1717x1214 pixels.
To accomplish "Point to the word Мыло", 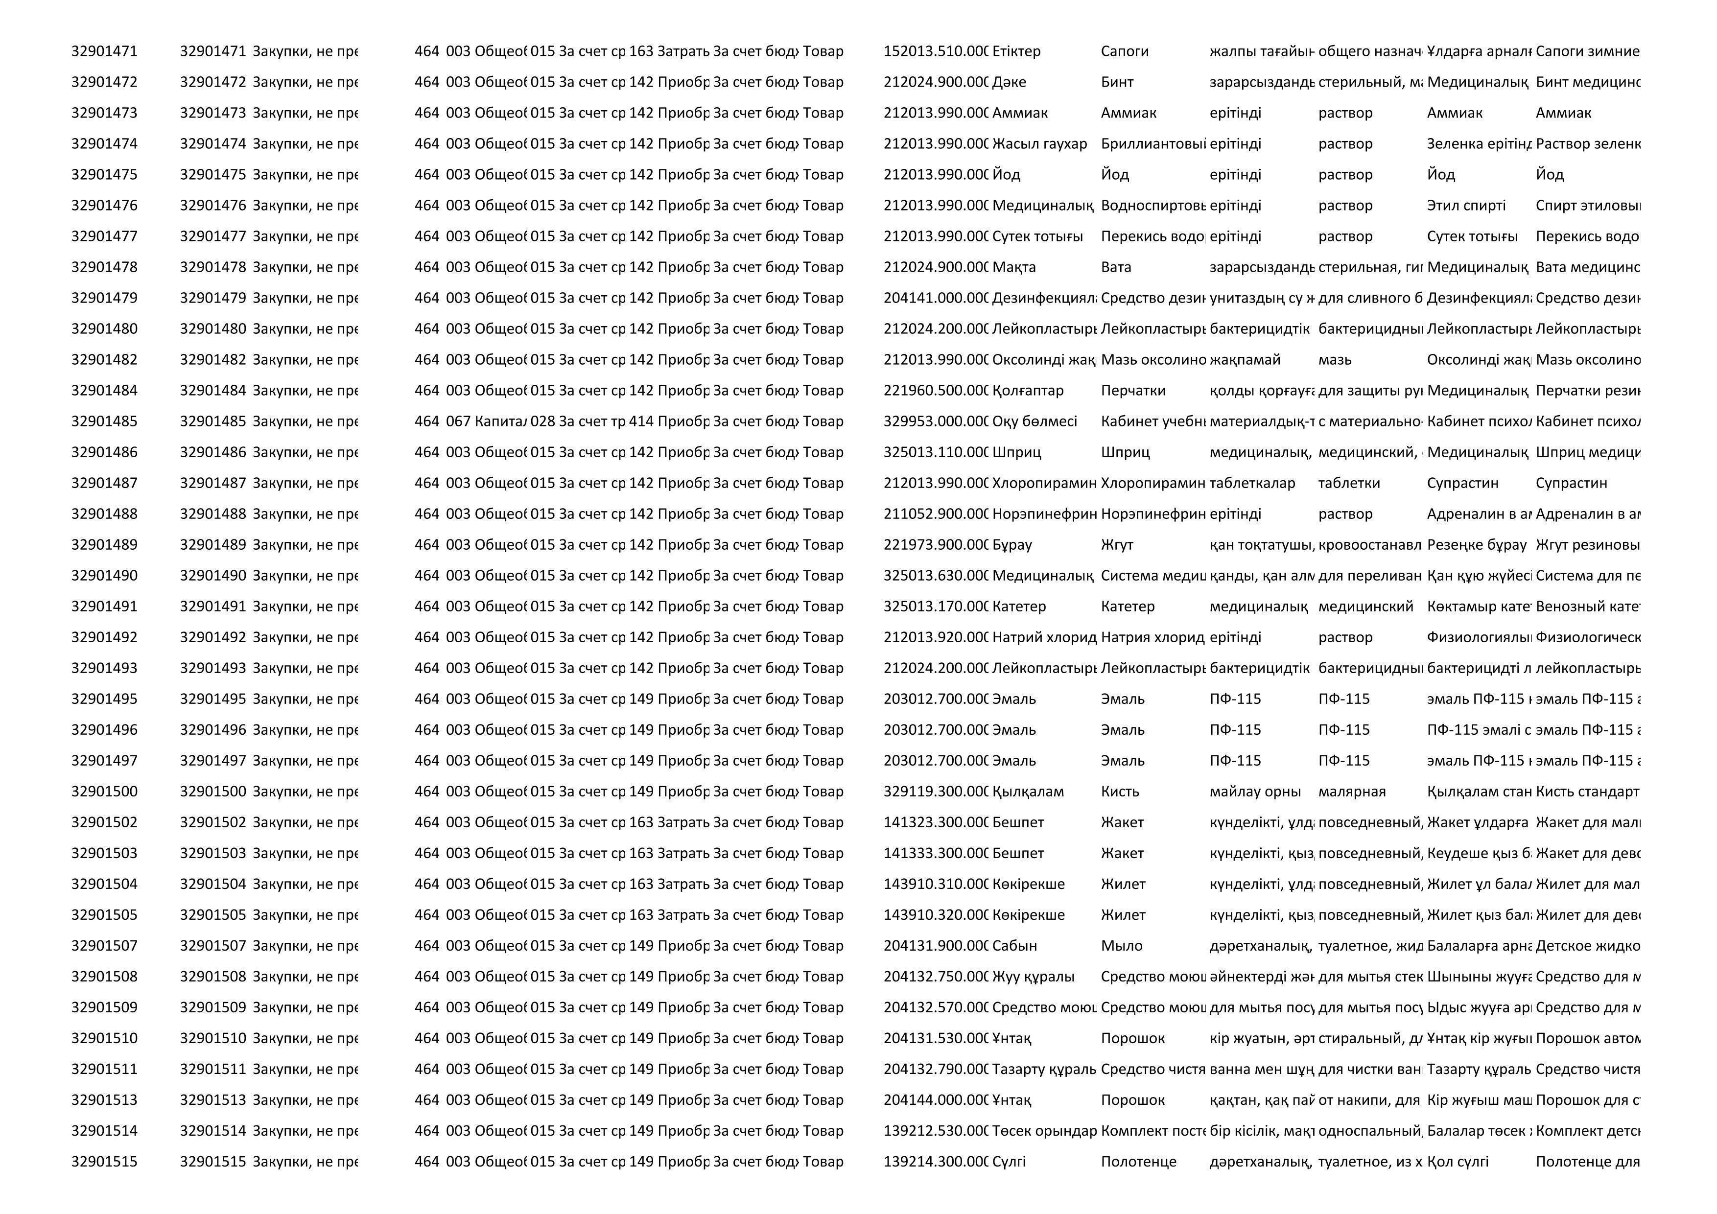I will click(1121, 946).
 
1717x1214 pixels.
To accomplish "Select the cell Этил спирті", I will click(1466, 206).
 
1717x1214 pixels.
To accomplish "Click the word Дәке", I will click(1009, 82).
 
